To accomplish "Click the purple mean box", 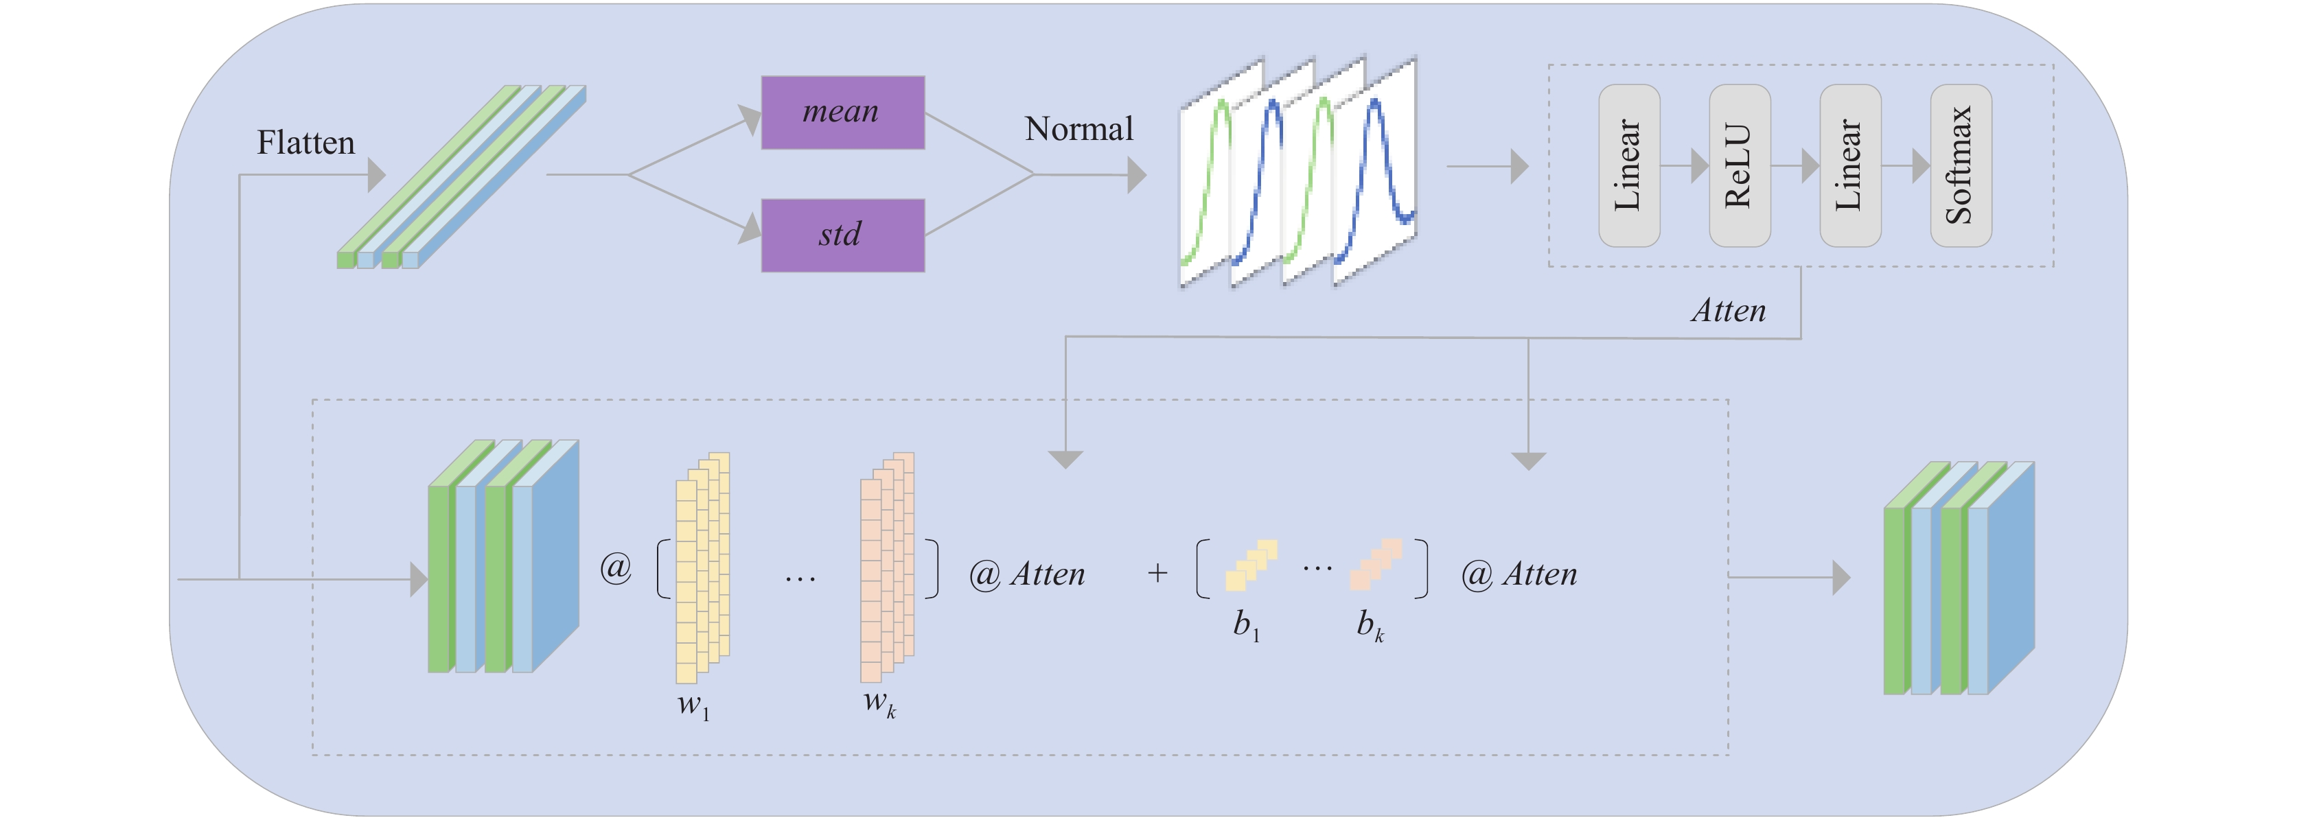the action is (842, 113).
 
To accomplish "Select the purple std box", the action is (842, 235).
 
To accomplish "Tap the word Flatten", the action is (306, 143).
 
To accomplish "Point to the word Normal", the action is (1079, 129).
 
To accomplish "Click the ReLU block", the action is (1740, 166).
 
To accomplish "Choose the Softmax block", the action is (1961, 166).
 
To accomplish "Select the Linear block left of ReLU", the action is (1629, 166).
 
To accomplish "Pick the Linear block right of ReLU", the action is (1850, 166).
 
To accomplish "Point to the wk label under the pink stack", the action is (880, 703).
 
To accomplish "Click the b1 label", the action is (1247, 625).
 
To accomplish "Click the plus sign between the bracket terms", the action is (1157, 572).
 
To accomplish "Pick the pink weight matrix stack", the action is (887, 567).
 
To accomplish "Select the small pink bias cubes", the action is (1376, 564).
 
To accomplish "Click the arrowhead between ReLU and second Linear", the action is (1810, 166).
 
